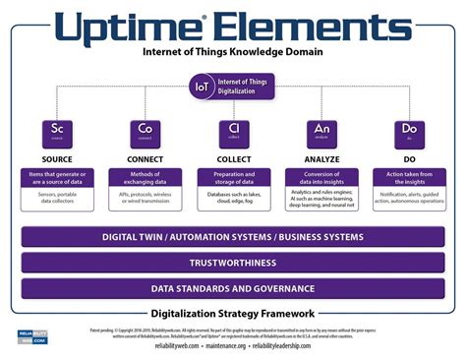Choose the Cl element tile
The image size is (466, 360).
[233, 133]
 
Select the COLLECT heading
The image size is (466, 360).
[233, 157]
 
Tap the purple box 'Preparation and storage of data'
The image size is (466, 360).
[233, 178]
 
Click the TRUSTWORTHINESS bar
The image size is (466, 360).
[233, 263]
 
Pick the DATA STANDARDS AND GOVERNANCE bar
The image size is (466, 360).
[233, 288]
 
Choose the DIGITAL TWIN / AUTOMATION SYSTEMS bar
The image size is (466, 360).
[233, 237]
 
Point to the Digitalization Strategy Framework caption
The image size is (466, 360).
[233, 313]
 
